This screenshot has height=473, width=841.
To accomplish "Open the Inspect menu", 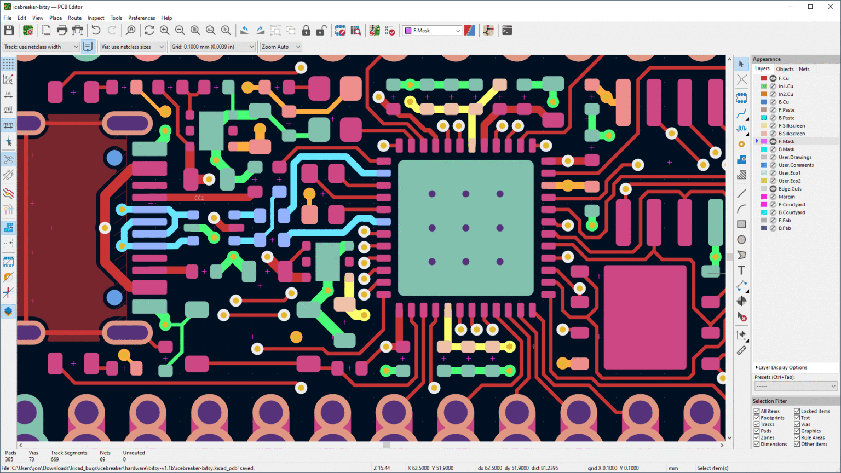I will [x=96, y=18].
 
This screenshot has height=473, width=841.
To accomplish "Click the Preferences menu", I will [x=141, y=18].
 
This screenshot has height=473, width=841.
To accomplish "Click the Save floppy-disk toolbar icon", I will [x=9, y=31].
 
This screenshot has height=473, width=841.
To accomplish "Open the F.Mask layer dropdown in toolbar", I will [x=432, y=31].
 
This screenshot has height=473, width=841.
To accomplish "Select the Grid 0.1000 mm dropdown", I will [x=212, y=47].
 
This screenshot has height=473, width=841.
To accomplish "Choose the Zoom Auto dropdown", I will [x=280, y=47].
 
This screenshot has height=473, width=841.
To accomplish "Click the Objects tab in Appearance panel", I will [x=785, y=70].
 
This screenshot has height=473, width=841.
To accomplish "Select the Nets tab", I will [x=804, y=70].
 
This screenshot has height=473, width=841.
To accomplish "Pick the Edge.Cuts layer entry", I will [x=790, y=189].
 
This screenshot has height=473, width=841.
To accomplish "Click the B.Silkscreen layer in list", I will [x=791, y=134].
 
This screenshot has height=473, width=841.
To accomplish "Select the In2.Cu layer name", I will [x=786, y=94].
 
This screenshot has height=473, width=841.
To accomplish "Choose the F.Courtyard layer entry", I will [x=792, y=205].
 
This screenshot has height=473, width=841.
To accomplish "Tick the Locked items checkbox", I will [x=797, y=411].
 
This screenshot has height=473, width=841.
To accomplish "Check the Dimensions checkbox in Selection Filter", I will [x=757, y=444].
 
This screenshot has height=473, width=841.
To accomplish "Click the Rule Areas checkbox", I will [x=797, y=437].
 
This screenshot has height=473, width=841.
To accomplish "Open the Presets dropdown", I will [x=795, y=387].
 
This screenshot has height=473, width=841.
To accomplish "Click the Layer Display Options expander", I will [x=781, y=367].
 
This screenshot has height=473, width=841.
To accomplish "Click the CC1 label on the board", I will [x=199, y=198].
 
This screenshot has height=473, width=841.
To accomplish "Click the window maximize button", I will [x=810, y=7].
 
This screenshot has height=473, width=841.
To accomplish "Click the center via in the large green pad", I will [x=465, y=228].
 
